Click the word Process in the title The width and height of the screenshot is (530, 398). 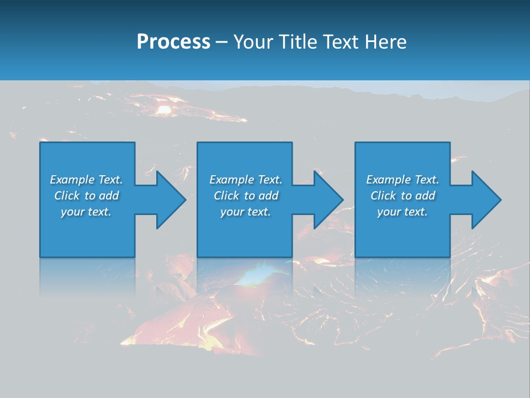173,42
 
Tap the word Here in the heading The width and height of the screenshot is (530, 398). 385,42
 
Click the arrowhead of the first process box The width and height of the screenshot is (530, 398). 169,200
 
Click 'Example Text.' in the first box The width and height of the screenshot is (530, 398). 86,180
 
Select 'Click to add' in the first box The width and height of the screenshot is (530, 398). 86,196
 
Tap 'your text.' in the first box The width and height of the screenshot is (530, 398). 86,212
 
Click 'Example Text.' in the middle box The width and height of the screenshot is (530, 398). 246,180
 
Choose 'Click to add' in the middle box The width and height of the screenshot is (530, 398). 246,196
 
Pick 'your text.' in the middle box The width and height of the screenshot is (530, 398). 246,212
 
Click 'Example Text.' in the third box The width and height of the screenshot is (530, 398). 402,180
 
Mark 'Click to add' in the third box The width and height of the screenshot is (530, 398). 402,196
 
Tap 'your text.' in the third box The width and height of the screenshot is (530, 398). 402,212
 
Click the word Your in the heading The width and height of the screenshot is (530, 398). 253,42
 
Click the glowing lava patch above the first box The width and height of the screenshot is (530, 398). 165,109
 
